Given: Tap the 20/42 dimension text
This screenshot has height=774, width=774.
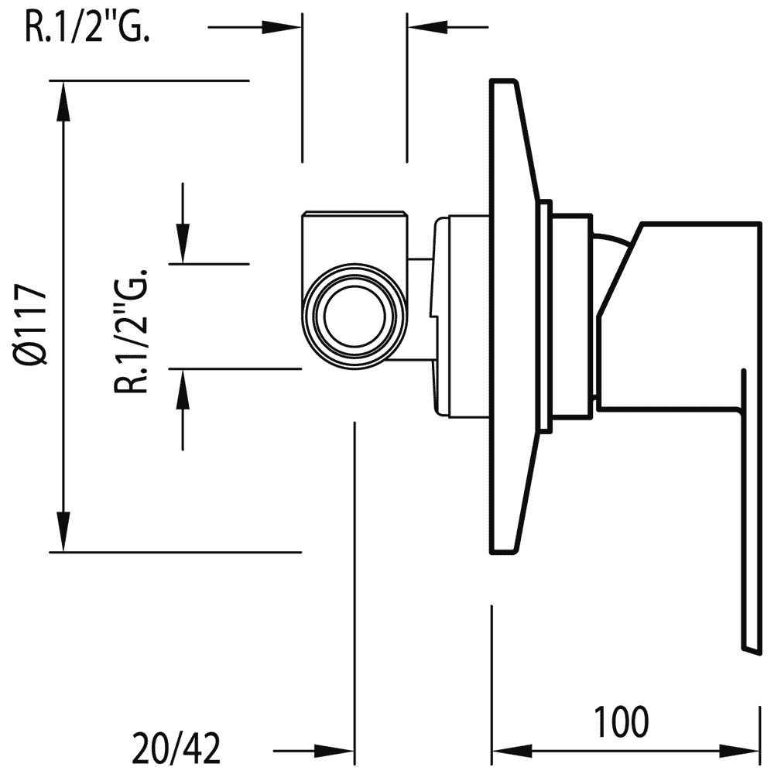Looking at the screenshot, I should point(176,748).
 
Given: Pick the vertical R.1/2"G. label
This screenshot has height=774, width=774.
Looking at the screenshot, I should point(132,330).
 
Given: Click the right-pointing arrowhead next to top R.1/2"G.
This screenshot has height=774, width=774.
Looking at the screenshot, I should point(282,26).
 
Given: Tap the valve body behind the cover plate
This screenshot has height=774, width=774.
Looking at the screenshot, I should point(461,317).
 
